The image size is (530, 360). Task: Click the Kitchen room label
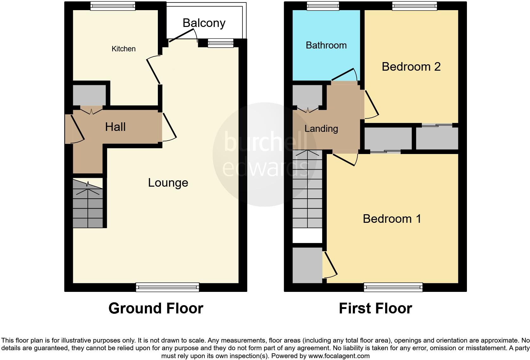point(124,49)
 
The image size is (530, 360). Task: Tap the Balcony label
point(204,23)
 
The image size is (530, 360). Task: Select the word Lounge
point(168,183)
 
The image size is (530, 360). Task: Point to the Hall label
point(115,127)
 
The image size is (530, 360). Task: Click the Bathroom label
point(326,45)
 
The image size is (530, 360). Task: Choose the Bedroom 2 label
point(411,67)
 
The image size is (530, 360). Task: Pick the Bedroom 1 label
point(392,219)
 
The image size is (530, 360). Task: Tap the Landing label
point(321,129)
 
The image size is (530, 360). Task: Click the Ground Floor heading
point(156,308)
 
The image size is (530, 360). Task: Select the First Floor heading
point(375,308)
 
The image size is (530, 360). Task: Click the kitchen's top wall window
point(113,6)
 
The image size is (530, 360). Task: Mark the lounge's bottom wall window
point(167,287)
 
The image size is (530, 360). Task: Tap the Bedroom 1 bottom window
point(393,287)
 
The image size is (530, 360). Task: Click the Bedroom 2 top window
point(414,6)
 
